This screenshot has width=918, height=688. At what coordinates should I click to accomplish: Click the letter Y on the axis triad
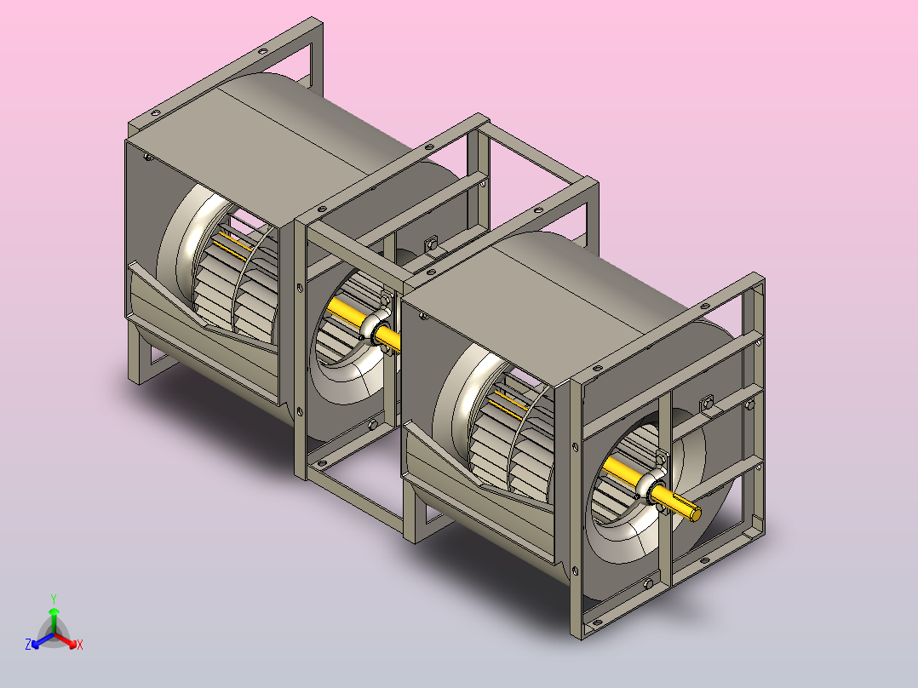pyautogui.click(x=54, y=599)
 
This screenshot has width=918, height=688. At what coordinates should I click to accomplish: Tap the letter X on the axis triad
pyautogui.click(x=80, y=645)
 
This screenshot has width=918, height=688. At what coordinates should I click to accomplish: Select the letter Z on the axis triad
pyautogui.click(x=28, y=644)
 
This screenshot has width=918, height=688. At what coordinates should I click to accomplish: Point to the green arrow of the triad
pyautogui.click(x=54, y=620)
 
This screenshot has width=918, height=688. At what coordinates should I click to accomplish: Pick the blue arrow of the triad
pyautogui.click(x=43, y=640)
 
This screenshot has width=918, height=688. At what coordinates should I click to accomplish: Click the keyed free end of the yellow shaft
pyautogui.click(x=694, y=513)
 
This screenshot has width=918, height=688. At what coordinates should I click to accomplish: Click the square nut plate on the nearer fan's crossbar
pyautogui.click(x=707, y=404)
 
